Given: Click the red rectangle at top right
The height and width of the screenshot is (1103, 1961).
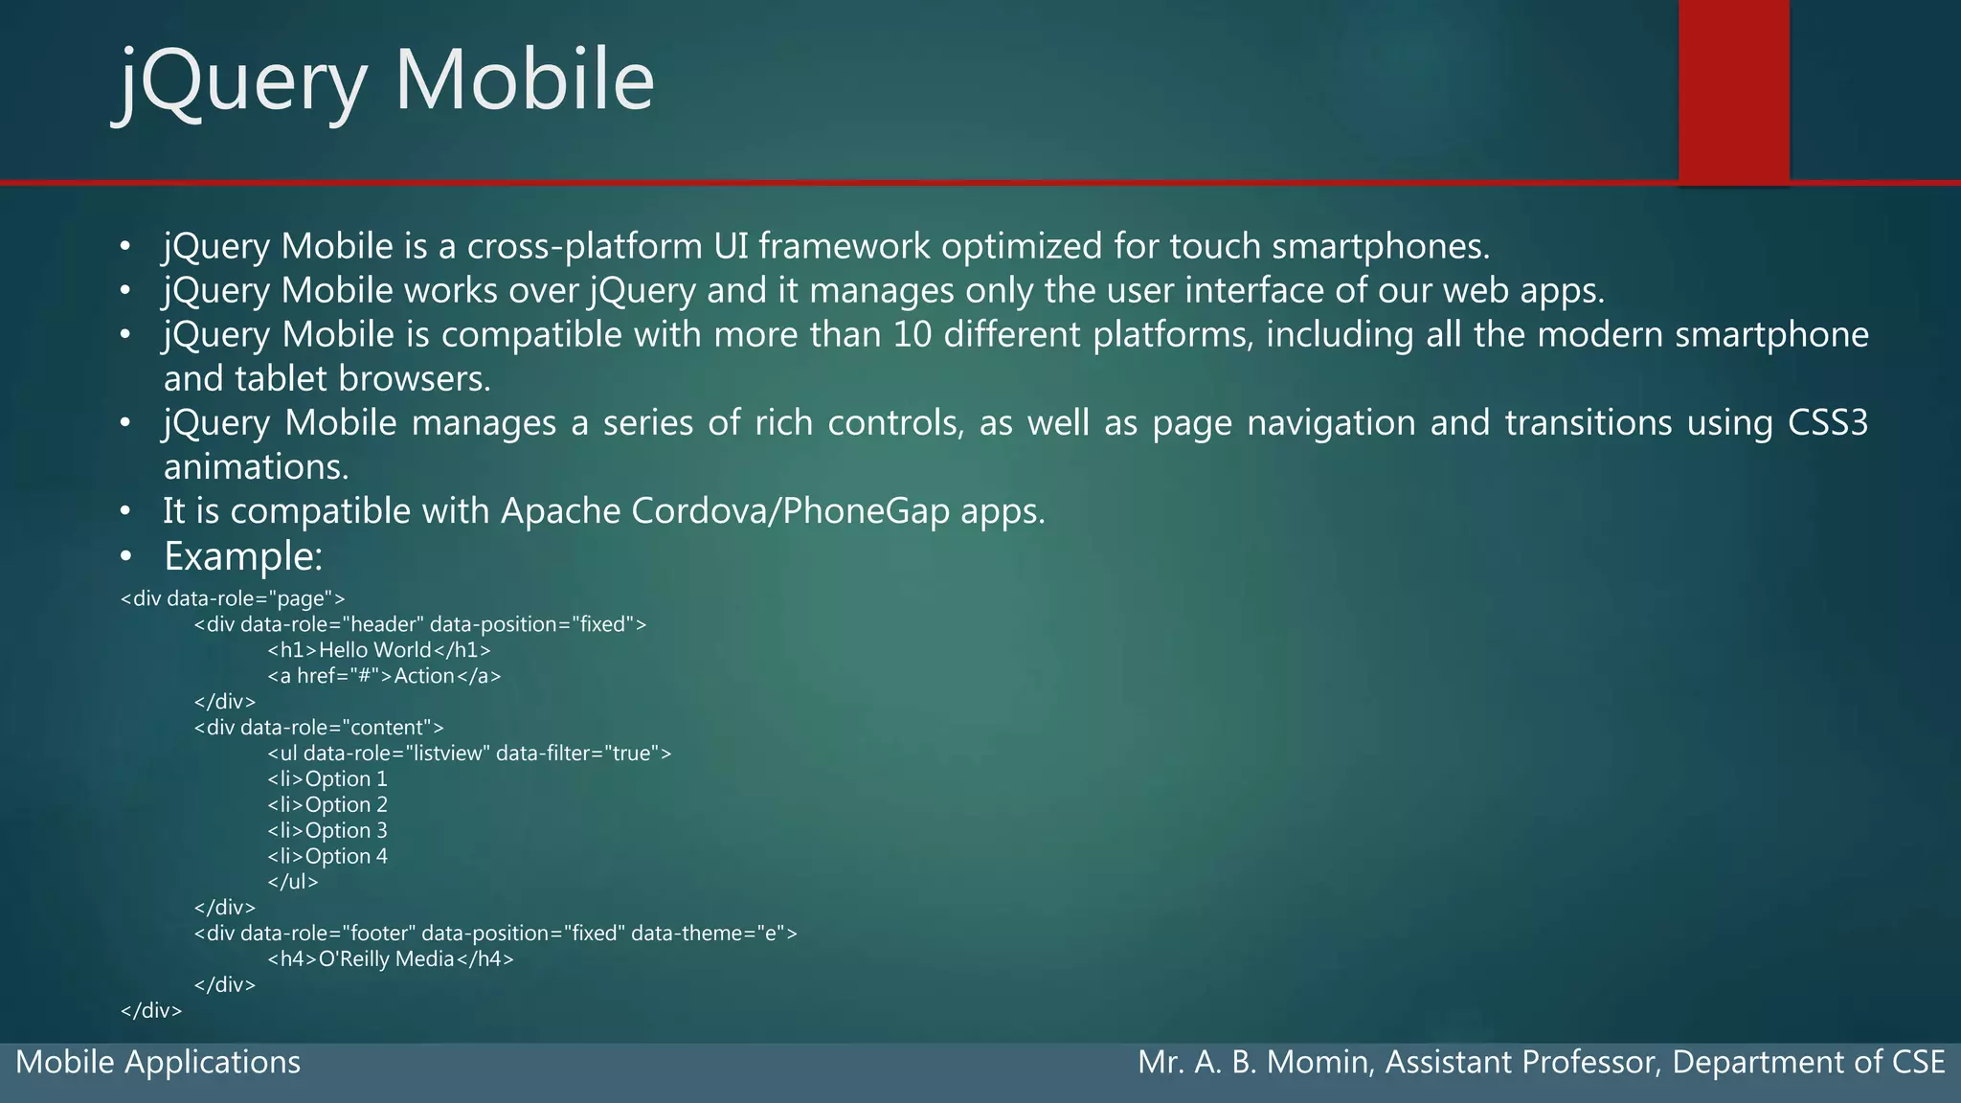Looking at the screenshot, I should pos(1733,91).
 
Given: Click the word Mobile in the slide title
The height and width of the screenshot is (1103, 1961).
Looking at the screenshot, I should pos(524,80).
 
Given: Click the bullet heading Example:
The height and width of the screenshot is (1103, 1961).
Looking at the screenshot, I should pos(243,556).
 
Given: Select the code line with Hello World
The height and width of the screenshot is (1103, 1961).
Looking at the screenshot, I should pos(379,650).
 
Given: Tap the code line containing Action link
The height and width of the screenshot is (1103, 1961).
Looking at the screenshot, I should pos(384,676).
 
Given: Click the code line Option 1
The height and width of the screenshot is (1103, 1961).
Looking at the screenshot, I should pos(327,779).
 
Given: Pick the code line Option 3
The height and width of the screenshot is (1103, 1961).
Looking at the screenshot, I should pos(327,831).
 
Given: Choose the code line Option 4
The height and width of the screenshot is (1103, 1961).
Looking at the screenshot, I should pos(327,857).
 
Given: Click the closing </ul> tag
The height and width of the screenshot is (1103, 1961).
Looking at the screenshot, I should pos(293,882).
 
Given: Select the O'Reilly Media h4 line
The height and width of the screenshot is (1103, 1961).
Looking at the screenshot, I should pos(391,959).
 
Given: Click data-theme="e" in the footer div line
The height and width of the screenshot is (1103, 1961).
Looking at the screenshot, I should pos(713,934).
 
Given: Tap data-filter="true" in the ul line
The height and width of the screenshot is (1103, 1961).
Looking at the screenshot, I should pos(583,754).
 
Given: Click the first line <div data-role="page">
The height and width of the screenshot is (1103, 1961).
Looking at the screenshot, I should pos(233,599).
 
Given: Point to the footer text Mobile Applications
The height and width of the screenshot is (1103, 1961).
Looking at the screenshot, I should pos(158,1063).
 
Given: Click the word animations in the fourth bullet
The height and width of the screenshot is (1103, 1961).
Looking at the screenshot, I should pos(256,467).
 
